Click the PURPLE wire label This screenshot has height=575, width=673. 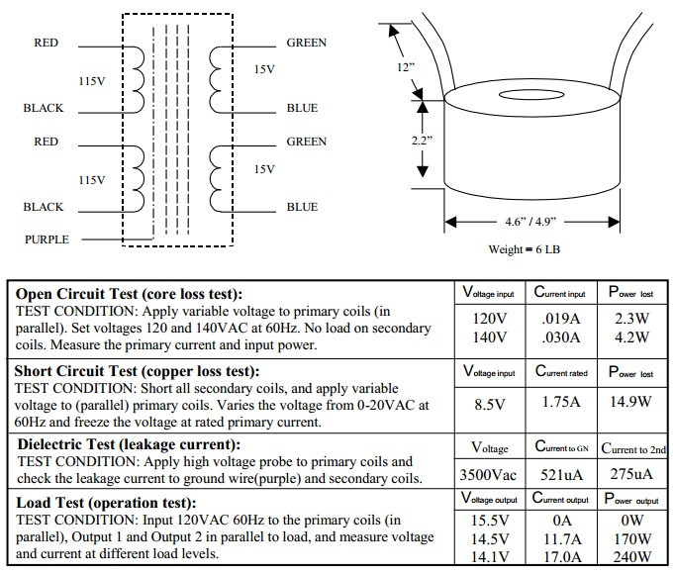click(x=47, y=240)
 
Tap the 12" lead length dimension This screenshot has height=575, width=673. click(x=406, y=67)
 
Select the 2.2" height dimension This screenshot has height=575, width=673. click(x=422, y=141)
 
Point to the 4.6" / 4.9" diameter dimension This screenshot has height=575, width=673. click(x=530, y=222)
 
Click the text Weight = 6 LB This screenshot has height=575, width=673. click(x=525, y=249)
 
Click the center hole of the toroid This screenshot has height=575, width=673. click(x=531, y=95)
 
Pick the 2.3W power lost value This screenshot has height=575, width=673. click(x=631, y=319)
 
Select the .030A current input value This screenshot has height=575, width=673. click(x=561, y=337)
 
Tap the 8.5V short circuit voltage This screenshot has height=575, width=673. click(x=490, y=404)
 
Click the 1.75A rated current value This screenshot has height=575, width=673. click(x=561, y=402)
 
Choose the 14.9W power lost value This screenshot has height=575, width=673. click(x=631, y=402)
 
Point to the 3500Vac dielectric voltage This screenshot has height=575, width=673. click(x=488, y=475)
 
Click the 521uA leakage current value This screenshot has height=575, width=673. click(x=561, y=475)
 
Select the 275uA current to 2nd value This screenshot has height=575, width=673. click(x=631, y=474)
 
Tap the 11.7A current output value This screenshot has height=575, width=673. click(x=562, y=538)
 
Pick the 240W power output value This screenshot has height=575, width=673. click(x=631, y=557)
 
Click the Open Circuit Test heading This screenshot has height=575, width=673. click(x=129, y=294)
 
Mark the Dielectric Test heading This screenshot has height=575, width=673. click(x=129, y=444)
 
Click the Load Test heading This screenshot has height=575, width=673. click(x=106, y=503)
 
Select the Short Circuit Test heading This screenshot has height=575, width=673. click(x=137, y=371)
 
